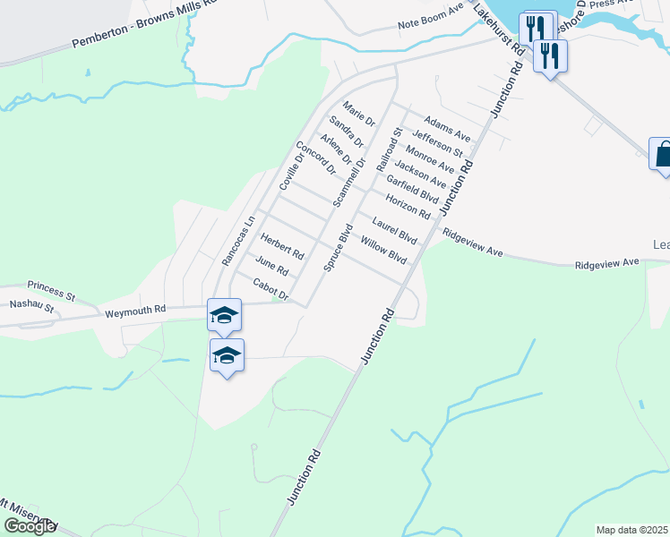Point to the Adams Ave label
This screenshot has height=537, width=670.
coord(447,128)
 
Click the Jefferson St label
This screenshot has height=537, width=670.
coord(438,143)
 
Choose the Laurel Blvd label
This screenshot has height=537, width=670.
coord(395,231)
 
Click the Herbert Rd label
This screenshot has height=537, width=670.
coord(282,246)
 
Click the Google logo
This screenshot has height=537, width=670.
coord(29,526)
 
